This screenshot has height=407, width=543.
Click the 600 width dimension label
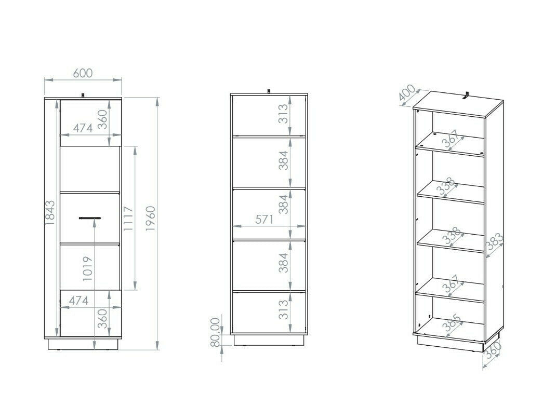[83, 73]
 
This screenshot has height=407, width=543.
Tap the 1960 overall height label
[151, 219]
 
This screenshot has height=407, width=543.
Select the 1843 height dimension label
[50, 212]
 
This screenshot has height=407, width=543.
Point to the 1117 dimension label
[128, 219]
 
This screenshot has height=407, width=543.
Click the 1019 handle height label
[88, 268]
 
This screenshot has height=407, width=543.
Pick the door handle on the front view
[90, 218]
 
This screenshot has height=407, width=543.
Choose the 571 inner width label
[264, 220]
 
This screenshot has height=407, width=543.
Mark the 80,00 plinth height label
[216, 332]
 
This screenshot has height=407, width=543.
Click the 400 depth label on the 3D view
[407, 92]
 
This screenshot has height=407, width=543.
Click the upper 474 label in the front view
[83, 128]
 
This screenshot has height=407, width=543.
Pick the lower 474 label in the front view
[78, 301]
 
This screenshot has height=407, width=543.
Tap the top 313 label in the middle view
[283, 114]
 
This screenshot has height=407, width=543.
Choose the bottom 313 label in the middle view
[283, 309]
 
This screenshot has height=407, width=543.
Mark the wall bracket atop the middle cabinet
[269, 91]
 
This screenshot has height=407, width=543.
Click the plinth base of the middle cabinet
[269, 340]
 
